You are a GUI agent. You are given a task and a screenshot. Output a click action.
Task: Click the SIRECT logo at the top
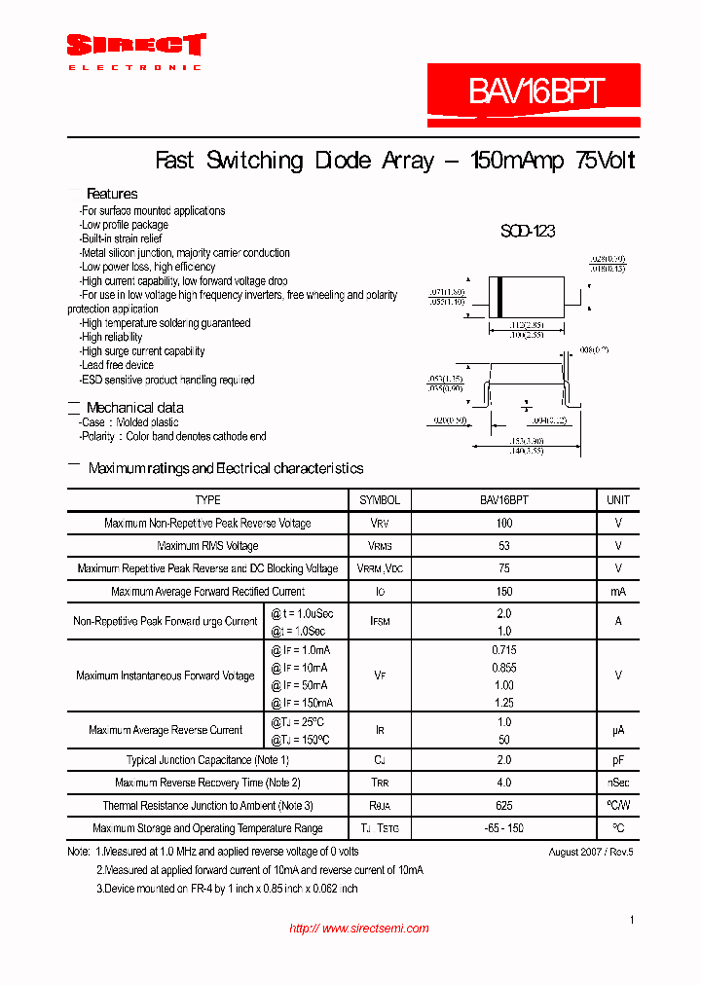(135, 46)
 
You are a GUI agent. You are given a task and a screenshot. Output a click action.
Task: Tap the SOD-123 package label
(528, 232)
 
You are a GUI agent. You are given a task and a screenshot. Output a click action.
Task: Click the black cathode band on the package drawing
(500, 295)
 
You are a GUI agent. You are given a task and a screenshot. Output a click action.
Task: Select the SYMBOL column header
(380, 500)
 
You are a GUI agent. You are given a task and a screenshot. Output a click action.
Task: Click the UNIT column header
(618, 500)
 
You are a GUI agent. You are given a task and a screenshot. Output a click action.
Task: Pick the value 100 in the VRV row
(503, 524)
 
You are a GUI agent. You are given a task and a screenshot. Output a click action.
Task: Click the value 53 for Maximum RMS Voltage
(503, 546)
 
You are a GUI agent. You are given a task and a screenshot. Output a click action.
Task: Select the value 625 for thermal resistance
(503, 806)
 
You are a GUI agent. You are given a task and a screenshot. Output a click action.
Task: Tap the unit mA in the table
(618, 592)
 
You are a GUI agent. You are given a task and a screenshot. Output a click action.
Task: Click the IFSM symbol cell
(380, 622)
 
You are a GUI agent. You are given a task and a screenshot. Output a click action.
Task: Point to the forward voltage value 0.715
(503, 650)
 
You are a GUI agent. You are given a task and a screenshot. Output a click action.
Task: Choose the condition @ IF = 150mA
(302, 703)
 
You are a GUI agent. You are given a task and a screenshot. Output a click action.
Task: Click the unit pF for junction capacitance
(618, 760)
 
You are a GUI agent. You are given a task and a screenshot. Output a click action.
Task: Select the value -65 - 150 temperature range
(503, 828)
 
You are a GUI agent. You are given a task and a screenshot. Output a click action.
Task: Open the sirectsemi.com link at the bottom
(359, 929)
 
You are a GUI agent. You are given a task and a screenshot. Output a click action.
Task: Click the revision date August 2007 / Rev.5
(591, 852)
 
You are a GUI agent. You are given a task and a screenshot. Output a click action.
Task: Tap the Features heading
(112, 194)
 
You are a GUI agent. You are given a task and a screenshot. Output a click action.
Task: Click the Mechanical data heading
(134, 408)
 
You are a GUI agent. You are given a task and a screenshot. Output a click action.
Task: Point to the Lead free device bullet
(118, 366)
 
